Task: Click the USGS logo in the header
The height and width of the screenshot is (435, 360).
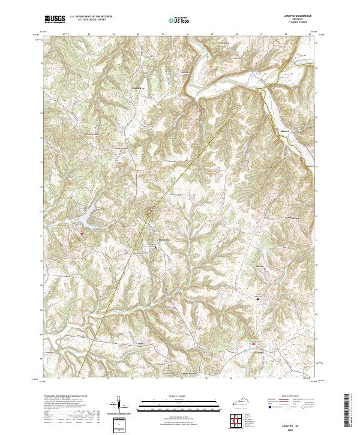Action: (55, 19)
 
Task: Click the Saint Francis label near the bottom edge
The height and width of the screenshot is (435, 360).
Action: (189, 373)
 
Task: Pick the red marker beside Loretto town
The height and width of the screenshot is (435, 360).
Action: (254, 344)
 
